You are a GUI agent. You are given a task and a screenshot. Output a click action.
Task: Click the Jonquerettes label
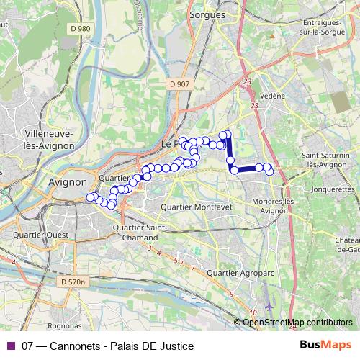(336, 189)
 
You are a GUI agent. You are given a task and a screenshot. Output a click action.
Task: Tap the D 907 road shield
(180, 84)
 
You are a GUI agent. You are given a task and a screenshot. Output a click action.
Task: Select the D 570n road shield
(73, 282)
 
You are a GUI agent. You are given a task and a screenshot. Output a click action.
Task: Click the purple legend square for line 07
(11, 346)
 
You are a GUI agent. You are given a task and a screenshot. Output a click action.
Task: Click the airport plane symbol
(269, 306)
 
